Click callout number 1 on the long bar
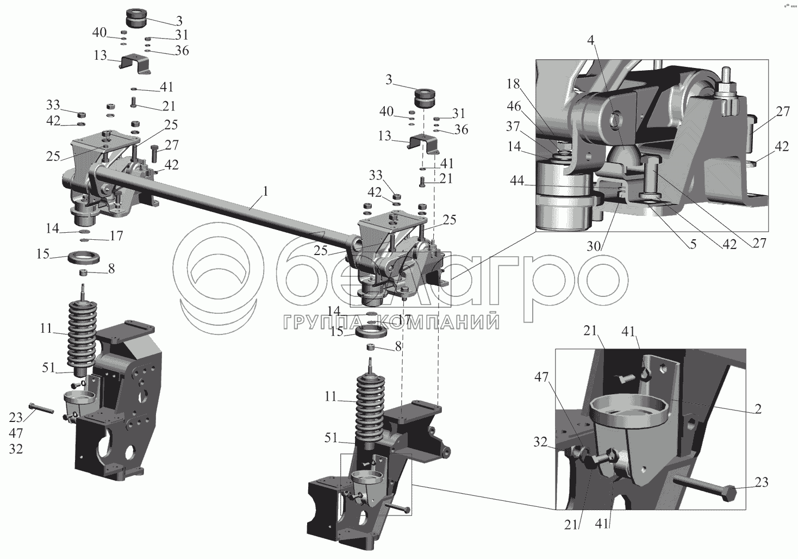265,192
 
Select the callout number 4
591,40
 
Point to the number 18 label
513,84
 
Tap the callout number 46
514,106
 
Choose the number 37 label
513,126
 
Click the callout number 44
517,181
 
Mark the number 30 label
594,246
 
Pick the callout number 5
693,244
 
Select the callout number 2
758,409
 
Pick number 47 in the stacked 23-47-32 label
16,433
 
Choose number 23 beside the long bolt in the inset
761,482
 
